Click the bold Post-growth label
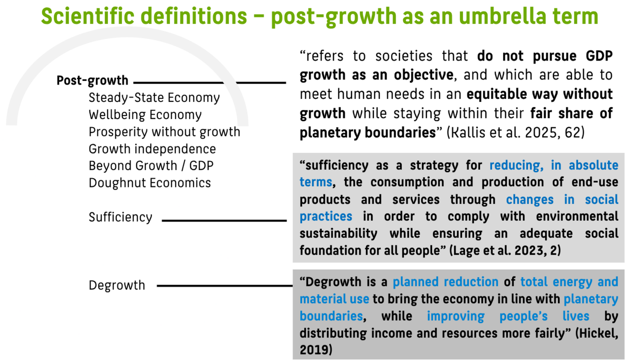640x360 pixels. click(92, 81)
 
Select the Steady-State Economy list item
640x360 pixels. click(154, 97)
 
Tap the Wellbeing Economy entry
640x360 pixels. click(145, 115)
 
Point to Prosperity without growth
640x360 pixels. click(164, 132)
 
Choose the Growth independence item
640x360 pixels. click(152, 149)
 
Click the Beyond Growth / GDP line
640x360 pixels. click(151, 165)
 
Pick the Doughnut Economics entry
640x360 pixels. click(149, 183)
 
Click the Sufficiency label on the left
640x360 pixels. click(120, 217)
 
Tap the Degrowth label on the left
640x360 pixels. click(117, 285)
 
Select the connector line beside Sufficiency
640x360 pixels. click(224, 220)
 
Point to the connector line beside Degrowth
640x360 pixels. click(225, 285)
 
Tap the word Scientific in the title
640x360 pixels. click(87, 16)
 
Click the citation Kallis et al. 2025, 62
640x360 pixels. click(515, 132)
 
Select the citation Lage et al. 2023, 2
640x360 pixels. click(505, 250)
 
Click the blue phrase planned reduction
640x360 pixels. click(445, 282)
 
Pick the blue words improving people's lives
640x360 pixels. click(508, 316)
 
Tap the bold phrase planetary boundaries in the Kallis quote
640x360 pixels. click(367, 133)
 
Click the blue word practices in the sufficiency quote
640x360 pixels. click(325, 216)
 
